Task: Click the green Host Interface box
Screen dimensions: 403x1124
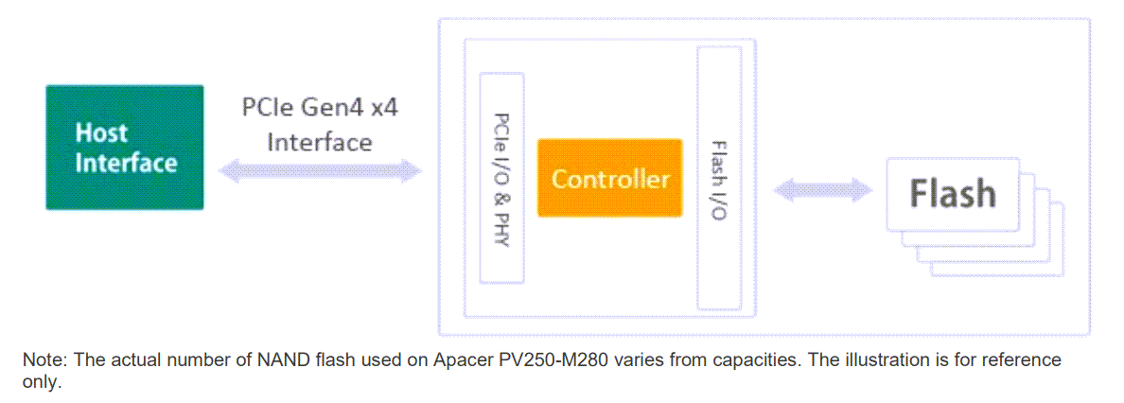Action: click(125, 147)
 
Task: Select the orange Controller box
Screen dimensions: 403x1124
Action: click(610, 178)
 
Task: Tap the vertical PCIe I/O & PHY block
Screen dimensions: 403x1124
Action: click(502, 178)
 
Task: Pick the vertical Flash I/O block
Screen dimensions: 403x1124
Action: click(718, 178)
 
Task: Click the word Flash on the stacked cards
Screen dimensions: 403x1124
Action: click(953, 193)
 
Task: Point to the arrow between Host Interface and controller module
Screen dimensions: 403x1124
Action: click(319, 171)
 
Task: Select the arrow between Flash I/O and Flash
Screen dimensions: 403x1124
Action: click(822, 190)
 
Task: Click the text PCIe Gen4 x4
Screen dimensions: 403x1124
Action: click(320, 106)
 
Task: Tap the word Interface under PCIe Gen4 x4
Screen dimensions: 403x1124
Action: click(319, 142)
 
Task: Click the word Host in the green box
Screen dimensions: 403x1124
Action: click(101, 132)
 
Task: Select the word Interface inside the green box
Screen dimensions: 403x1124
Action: click(126, 163)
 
